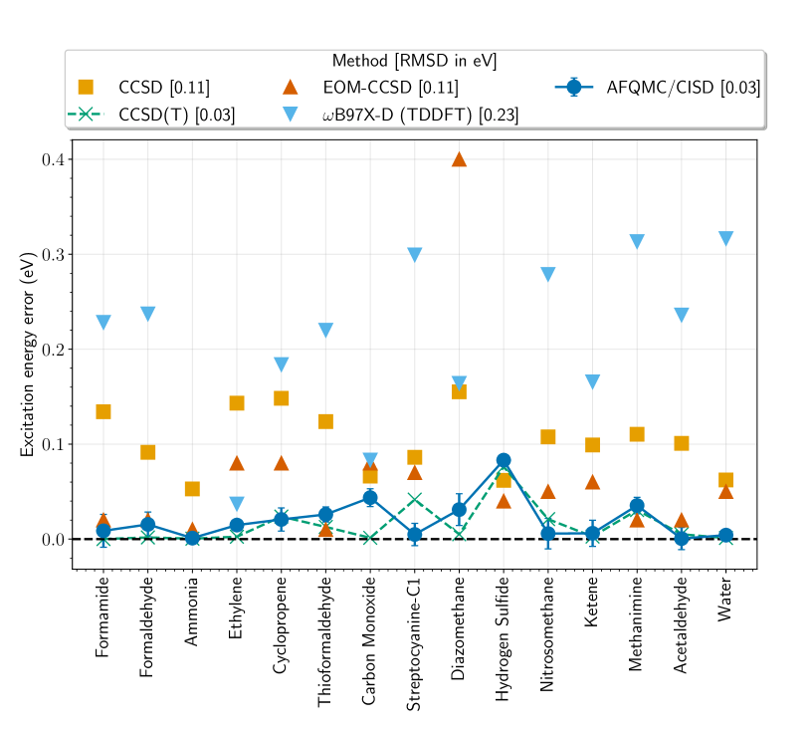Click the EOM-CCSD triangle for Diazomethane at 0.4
pyautogui.click(x=459, y=159)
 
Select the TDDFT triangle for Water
pyautogui.click(x=725, y=238)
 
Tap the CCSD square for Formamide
pyautogui.click(x=102, y=412)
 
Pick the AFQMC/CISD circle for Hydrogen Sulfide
pyautogui.click(x=504, y=460)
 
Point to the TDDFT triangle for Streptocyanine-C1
pyautogui.click(x=414, y=255)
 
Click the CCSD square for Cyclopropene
pyautogui.click(x=281, y=398)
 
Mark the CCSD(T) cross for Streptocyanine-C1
pyautogui.click(x=414, y=500)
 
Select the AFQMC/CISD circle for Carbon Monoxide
pyautogui.click(x=370, y=498)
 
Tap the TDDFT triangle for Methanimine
pyautogui.click(x=637, y=242)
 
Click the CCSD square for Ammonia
pyautogui.click(x=192, y=489)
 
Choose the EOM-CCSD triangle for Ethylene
pyautogui.click(x=237, y=463)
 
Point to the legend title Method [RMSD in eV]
pyautogui.click(x=415, y=62)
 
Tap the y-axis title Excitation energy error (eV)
pyautogui.click(x=28, y=354)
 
